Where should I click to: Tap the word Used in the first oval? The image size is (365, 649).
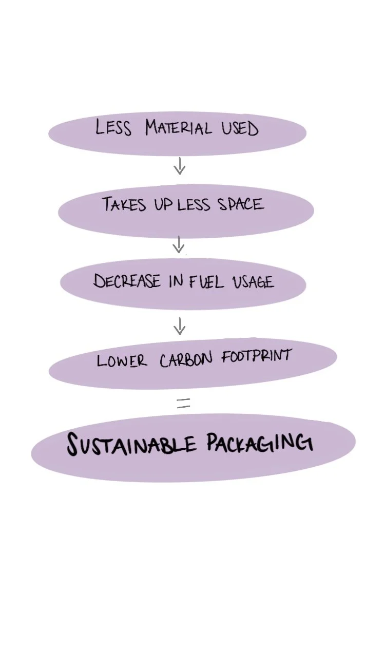tap(240, 128)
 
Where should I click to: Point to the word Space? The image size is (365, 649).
tap(240, 204)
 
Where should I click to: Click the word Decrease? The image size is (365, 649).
tap(127, 281)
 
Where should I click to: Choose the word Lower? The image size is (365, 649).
tap(122, 360)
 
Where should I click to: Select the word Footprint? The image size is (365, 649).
tap(256, 356)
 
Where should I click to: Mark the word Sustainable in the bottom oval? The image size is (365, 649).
tap(131, 445)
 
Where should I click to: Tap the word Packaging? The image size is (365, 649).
tap(260, 442)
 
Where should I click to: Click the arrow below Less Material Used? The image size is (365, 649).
tap(179, 166)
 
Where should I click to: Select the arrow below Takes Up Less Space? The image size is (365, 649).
tap(178, 244)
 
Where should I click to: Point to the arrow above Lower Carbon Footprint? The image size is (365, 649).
tap(179, 326)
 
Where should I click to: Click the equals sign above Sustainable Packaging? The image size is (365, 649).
tap(183, 404)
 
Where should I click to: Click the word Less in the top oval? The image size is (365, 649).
tap(113, 127)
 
